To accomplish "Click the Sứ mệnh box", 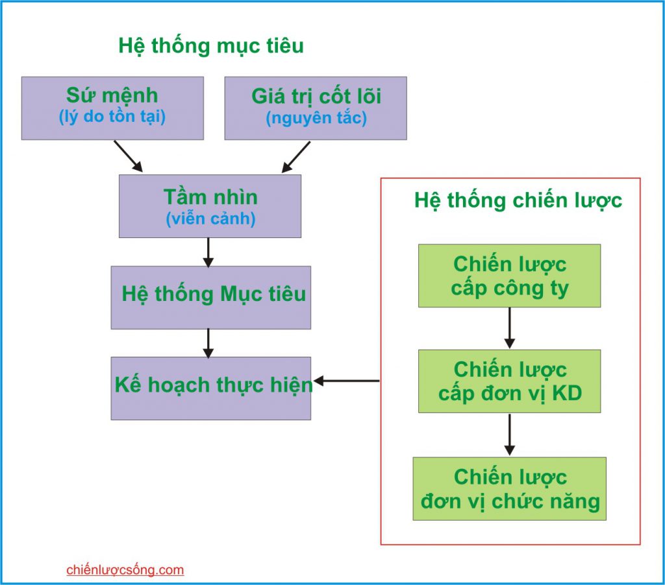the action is [x=112, y=108].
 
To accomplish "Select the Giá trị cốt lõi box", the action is [x=316, y=108].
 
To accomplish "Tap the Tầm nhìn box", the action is [x=210, y=206].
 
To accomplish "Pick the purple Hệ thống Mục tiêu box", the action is [x=211, y=298].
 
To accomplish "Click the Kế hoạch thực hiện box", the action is [x=211, y=388].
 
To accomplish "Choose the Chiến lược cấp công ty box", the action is [x=509, y=276].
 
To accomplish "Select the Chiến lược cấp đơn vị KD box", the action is [x=509, y=381].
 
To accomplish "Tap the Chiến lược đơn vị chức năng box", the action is [x=509, y=489].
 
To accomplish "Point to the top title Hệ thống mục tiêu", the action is [x=211, y=46].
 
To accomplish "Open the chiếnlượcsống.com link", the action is [x=125, y=570].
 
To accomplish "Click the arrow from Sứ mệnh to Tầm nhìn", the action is [x=128, y=156].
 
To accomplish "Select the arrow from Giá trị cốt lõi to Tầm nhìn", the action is [x=296, y=157].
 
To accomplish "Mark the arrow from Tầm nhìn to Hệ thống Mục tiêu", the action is [x=208, y=252].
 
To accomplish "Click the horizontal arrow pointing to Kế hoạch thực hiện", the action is [x=346, y=381].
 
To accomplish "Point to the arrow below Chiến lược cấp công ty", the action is [x=509, y=328].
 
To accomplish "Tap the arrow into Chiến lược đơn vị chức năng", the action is [x=509, y=435].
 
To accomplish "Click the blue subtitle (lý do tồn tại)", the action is [x=112, y=117].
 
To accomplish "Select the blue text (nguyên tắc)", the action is [x=316, y=118].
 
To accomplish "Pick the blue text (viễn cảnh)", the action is [x=210, y=219].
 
